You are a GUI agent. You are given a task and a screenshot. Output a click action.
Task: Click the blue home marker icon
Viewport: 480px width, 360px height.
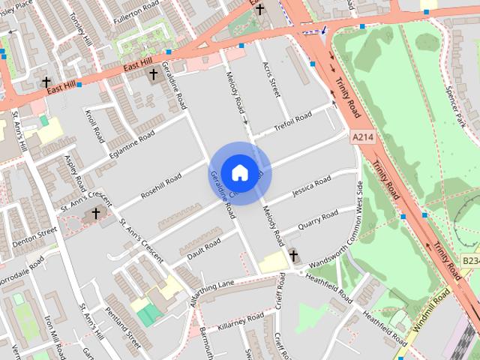pyautogui.click(x=239, y=172)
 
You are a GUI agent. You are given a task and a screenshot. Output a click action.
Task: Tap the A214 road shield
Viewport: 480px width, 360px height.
pyautogui.click(x=361, y=138)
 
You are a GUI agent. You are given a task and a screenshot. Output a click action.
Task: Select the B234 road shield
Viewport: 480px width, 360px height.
pyautogui.click(x=470, y=260)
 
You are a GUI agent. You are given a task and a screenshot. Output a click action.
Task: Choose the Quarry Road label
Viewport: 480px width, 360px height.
pyautogui.click(x=317, y=220)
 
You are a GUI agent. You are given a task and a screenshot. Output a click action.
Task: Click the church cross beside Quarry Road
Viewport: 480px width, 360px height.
pyautogui.click(x=293, y=256)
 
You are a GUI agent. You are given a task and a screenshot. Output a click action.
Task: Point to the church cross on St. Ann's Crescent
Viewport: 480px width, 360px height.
pyautogui.click(x=95, y=214)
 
